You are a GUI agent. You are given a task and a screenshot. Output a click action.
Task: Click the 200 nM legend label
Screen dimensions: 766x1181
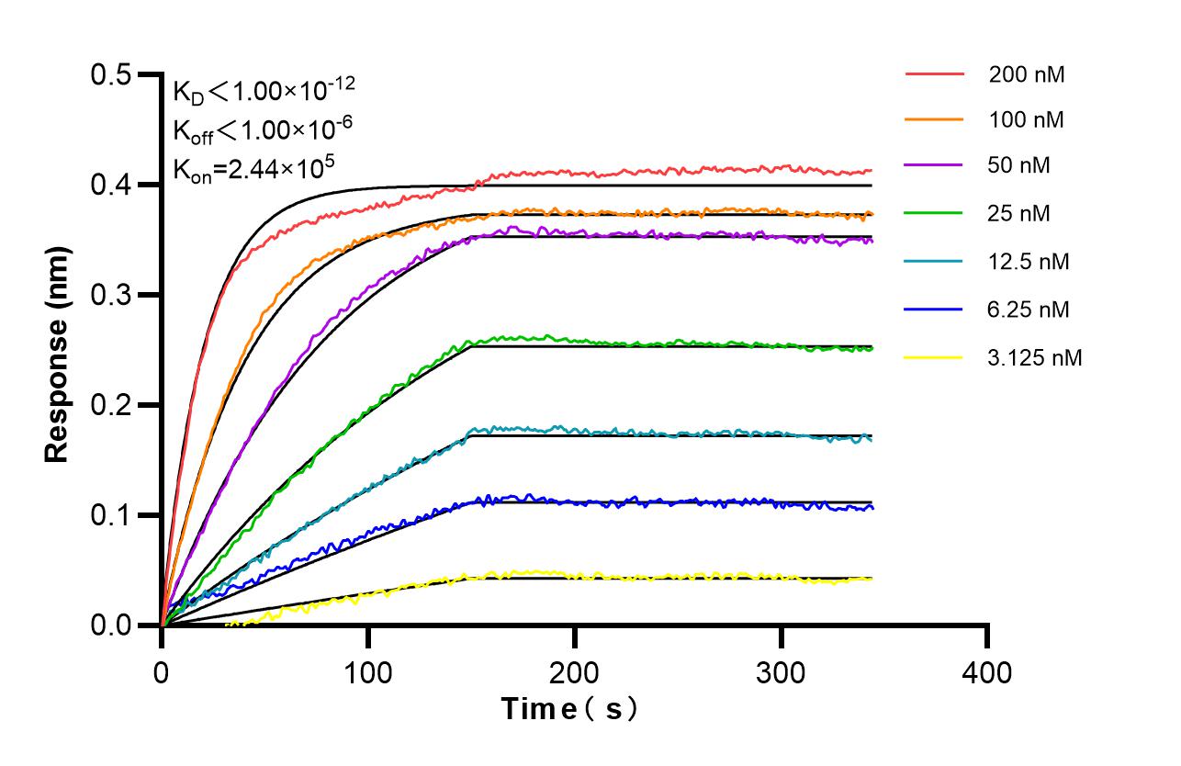(x=1027, y=75)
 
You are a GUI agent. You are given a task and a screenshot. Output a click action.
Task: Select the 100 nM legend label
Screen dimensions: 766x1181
(x=1027, y=120)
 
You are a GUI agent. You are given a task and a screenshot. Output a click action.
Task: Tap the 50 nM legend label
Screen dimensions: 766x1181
(x=1020, y=166)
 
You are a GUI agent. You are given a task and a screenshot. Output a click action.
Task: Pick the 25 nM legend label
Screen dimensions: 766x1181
(x=1020, y=214)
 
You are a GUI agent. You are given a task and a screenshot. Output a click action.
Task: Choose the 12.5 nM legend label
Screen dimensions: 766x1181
(x=1029, y=262)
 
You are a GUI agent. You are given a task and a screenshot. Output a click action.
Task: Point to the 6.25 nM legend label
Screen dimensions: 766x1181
(x=1029, y=310)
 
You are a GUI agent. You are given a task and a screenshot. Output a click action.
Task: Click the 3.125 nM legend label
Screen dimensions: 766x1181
(x=1035, y=358)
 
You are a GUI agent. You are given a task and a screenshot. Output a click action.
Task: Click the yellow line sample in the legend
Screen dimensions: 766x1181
(x=934, y=356)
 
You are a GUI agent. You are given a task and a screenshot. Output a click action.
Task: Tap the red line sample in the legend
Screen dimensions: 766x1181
(x=934, y=73)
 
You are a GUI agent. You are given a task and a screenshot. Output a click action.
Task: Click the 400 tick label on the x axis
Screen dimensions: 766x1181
(x=987, y=673)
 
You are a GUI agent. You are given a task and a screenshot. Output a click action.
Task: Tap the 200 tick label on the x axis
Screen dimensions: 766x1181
(x=575, y=673)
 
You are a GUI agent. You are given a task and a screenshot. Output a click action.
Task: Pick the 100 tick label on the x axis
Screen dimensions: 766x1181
(x=368, y=673)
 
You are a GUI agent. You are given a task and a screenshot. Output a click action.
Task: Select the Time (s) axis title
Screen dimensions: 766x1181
(x=568, y=709)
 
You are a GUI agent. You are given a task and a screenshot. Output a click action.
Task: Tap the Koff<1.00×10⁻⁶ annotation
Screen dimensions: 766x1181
(x=263, y=130)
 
